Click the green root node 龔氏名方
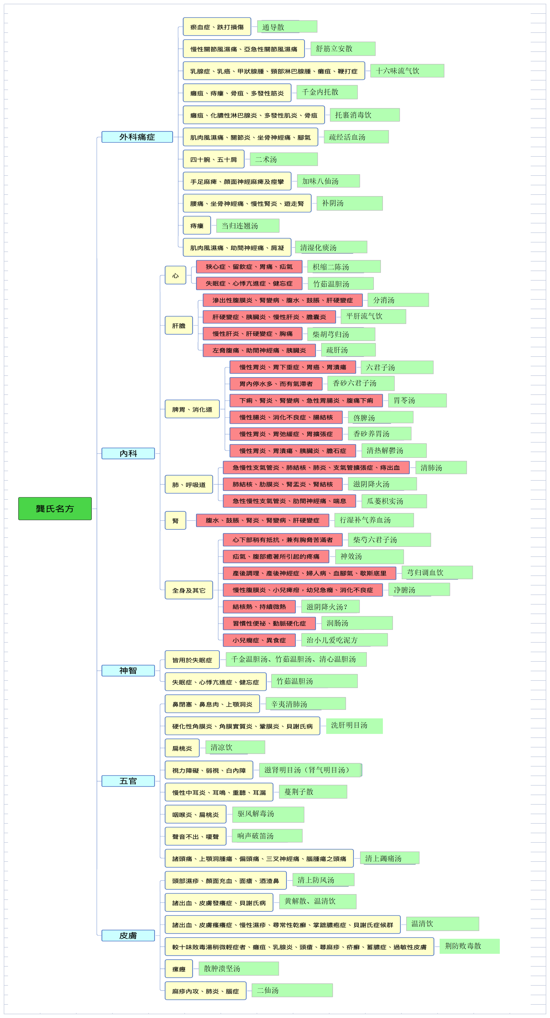point(55,508)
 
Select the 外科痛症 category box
point(137,137)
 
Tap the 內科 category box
point(128,453)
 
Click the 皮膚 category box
point(128,936)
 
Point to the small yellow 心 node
point(176,276)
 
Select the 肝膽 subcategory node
point(179,326)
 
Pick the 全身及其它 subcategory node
point(189,590)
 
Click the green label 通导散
point(287,27)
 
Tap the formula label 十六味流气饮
point(407,71)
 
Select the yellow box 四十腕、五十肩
point(214,159)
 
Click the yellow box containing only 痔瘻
point(197,226)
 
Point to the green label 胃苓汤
point(418,400)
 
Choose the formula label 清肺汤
point(441,468)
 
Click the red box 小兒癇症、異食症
point(259,640)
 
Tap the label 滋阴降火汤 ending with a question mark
point(330,606)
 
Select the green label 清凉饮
point(235,747)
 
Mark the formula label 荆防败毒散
point(470,946)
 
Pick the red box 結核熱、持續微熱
point(259,606)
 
